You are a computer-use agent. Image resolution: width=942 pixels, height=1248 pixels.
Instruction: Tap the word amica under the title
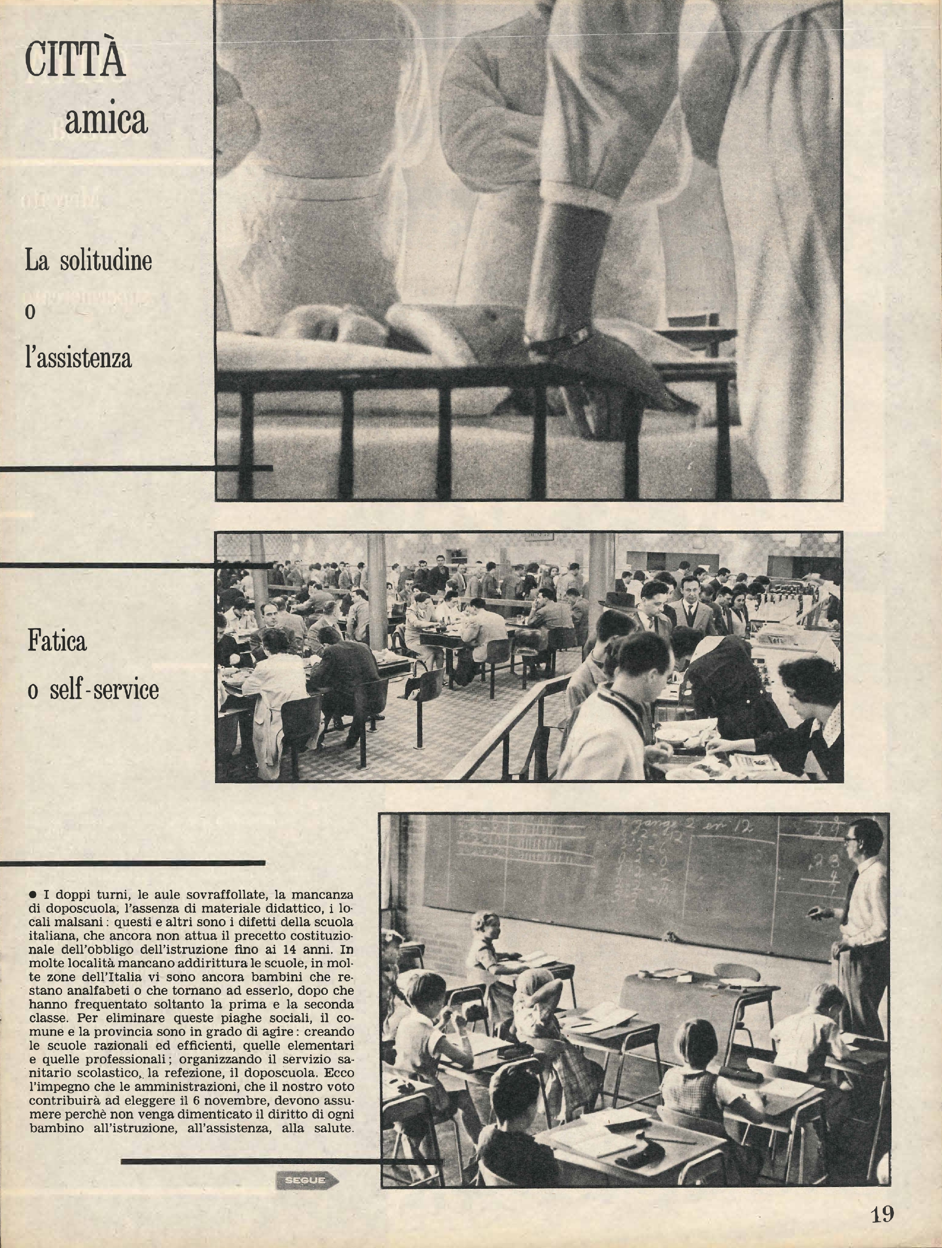(106, 120)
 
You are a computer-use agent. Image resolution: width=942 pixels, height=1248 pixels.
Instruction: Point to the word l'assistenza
(78, 358)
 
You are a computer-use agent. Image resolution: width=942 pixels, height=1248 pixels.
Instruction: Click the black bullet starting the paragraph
(33, 895)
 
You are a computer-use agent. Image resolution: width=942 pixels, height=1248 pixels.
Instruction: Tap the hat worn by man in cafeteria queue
(616, 599)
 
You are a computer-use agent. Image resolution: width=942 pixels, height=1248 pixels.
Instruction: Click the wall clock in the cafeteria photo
(539, 535)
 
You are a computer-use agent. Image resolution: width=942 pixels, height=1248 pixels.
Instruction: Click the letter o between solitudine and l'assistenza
(30, 312)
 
